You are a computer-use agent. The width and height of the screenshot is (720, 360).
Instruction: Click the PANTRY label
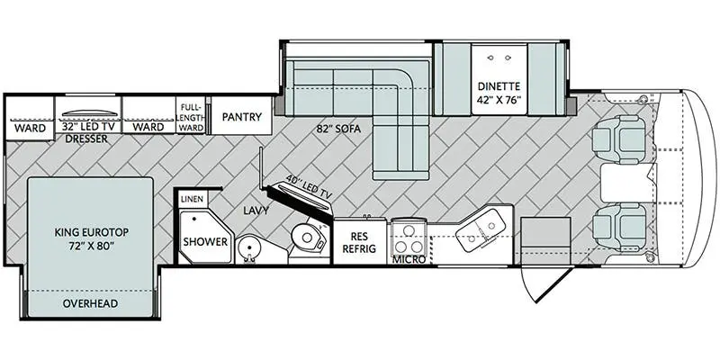(x=241, y=117)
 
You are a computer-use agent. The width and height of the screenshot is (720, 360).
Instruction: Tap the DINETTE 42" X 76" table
(x=499, y=80)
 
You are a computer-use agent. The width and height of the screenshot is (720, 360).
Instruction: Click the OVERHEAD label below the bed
(x=91, y=303)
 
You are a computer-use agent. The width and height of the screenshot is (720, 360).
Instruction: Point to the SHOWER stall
(x=205, y=238)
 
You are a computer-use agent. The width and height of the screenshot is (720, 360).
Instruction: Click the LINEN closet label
(x=193, y=199)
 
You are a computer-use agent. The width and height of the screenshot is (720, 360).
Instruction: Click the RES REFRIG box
(x=361, y=242)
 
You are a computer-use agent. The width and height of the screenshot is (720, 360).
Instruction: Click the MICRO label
(x=409, y=260)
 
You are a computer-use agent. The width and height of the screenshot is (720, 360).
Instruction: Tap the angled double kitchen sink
(x=481, y=230)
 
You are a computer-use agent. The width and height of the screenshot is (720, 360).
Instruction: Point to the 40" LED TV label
(x=308, y=186)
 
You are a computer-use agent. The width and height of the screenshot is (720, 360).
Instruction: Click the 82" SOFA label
(x=338, y=130)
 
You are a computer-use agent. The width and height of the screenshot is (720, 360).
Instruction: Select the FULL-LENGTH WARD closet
(x=191, y=115)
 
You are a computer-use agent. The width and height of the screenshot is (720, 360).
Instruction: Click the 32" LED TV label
(x=87, y=127)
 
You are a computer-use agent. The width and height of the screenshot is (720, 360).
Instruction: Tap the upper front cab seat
(x=619, y=139)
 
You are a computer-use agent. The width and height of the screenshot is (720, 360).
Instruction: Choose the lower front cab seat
(x=619, y=227)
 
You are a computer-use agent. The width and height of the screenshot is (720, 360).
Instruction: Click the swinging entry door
(x=546, y=283)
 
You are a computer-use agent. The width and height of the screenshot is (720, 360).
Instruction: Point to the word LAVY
(x=256, y=211)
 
